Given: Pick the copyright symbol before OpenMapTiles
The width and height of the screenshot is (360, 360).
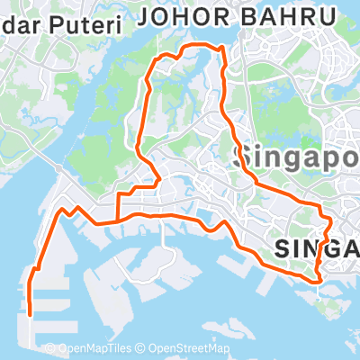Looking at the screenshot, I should pyautogui.click(x=50, y=349).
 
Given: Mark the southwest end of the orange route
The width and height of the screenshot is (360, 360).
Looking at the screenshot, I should pyautogui.click(x=30, y=314).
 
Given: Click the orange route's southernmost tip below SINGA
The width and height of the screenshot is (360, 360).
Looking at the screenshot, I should pyautogui.click(x=319, y=281).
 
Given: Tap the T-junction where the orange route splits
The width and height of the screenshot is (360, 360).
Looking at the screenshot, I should pyautogui.click(x=117, y=220).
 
